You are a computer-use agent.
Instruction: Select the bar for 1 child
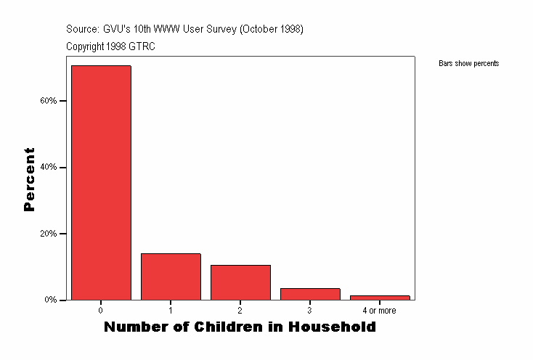coord(171,277)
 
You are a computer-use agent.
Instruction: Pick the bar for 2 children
coord(240,282)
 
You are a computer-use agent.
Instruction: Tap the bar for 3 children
coord(310,294)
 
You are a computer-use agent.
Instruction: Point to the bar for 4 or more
coord(380,298)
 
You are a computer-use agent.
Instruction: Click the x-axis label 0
coord(100,311)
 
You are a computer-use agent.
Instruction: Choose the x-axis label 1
coord(170,311)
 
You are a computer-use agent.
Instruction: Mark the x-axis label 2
coord(240,311)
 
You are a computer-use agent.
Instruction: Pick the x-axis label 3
coord(309,311)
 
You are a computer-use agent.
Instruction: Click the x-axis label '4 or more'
coord(379,311)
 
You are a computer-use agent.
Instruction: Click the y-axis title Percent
coord(30,179)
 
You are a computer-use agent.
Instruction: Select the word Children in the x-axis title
coord(229,327)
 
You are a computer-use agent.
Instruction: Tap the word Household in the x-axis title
coord(333,327)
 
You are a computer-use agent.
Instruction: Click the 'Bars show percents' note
coord(469,64)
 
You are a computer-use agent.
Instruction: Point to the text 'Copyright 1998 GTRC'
coord(110,46)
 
